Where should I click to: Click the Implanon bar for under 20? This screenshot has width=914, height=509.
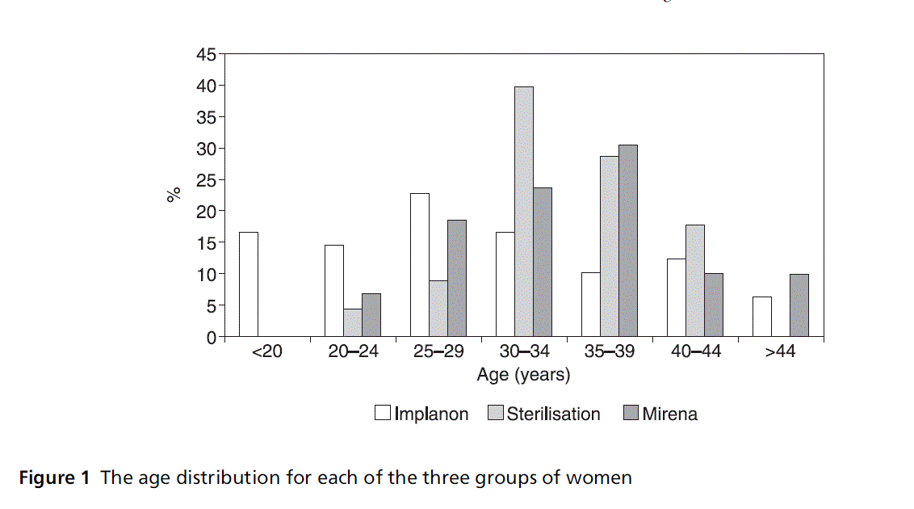point(249,284)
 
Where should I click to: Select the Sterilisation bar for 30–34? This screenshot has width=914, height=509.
point(523,212)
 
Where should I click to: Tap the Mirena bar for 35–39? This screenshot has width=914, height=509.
point(627,241)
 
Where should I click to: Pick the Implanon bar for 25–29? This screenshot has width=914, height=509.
point(419,265)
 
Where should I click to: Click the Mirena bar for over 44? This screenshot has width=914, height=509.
point(799,305)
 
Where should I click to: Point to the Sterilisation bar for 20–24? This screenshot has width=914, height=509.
point(352,322)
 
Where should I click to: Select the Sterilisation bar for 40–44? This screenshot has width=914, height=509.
point(694,280)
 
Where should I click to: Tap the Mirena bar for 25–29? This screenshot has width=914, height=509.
point(456,278)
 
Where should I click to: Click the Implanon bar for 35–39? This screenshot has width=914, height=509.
point(590,305)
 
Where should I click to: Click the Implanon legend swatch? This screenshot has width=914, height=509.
point(383,414)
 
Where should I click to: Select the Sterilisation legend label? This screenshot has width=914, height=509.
point(553,414)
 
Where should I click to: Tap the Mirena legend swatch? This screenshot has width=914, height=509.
point(631,414)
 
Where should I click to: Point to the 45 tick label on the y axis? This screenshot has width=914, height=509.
point(206,55)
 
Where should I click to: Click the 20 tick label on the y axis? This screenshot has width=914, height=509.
point(206,212)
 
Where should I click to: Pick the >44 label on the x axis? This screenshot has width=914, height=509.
point(780,353)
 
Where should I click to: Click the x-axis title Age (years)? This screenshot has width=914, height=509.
point(523,375)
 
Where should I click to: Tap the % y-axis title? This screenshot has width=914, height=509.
point(173,195)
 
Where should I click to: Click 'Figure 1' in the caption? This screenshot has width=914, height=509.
point(54,477)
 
